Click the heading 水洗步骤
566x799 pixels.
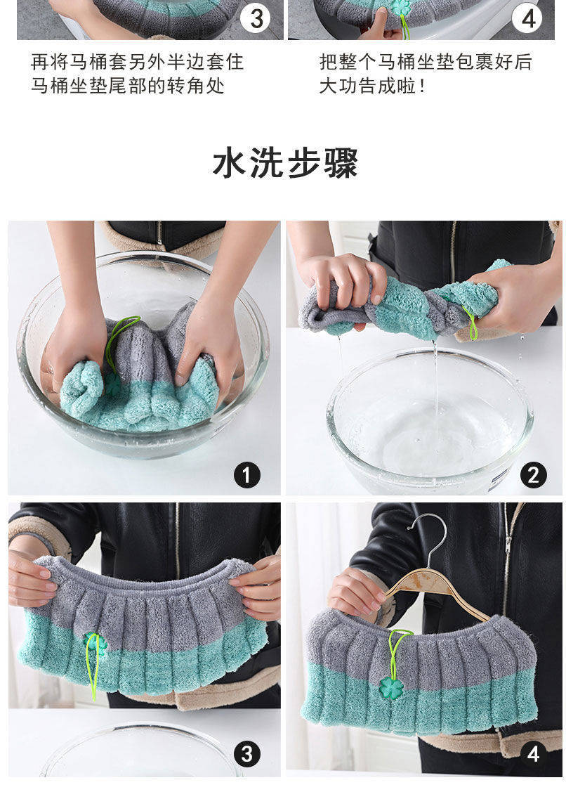285,164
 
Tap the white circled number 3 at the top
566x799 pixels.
256,18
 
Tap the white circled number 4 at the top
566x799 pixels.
528,18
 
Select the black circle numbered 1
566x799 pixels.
247,476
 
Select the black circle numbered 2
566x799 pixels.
534,475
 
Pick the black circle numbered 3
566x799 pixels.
247,754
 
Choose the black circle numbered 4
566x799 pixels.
534,754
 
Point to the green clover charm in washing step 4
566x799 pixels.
393,687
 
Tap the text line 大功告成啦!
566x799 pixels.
372,86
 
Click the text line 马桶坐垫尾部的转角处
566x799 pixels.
128,86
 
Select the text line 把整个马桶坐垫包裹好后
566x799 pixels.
426,62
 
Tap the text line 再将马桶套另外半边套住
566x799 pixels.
138,62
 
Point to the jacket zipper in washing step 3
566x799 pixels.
177,540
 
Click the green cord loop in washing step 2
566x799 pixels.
470,321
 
